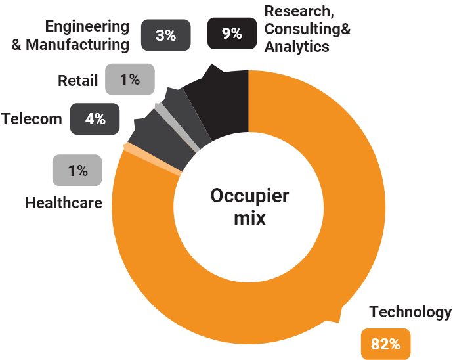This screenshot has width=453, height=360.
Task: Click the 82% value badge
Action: [x=385, y=344]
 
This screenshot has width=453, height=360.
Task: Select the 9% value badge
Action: [x=231, y=34]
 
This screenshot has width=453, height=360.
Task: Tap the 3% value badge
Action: [x=165, y=35]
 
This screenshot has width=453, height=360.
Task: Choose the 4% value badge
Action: [x=95, y=119]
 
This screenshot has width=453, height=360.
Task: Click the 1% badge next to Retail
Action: [x=129, y=79]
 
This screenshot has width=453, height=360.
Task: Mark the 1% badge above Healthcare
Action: [x=77, y=171]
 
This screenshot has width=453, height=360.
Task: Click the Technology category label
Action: [x=410, y=312]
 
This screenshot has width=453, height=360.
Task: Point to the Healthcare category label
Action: [x=64, y=202]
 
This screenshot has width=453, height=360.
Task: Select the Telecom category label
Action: [x=32, y=119]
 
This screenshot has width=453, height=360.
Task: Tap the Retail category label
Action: [x=77, y=81]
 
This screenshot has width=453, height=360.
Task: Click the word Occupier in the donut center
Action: [x=249, y=196]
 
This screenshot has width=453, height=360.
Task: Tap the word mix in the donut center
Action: [x=249, y=218]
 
